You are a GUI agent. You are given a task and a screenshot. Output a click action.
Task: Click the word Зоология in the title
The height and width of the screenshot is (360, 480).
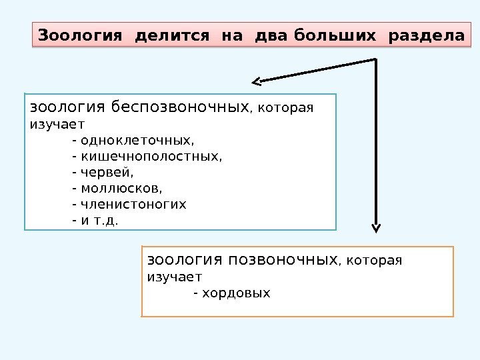pos(80,35)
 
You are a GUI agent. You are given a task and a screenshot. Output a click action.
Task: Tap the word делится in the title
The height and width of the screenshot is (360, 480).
pos(171,35)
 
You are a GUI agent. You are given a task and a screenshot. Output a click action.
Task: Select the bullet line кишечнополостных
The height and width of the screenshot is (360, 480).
pos(147,157)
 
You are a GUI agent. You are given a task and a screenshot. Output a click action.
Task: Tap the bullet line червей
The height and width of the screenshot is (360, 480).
pos(107,172)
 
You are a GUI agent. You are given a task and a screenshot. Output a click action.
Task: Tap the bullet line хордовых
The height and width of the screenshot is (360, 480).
pos(232,293)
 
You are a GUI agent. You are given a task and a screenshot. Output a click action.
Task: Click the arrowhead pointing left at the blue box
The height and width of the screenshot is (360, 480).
pos(257,82)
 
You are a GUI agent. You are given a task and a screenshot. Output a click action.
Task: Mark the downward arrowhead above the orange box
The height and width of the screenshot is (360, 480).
pos(376,227)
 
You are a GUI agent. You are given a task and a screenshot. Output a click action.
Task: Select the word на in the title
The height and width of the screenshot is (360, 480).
pos(232,35)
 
